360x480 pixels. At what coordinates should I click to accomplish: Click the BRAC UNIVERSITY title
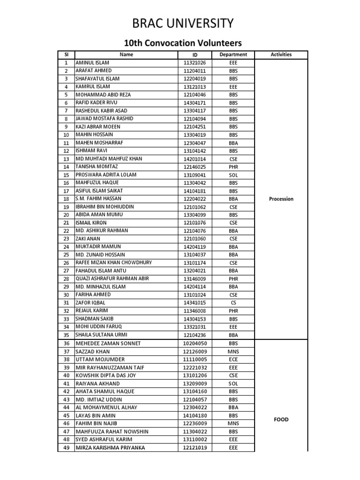coord(182,23)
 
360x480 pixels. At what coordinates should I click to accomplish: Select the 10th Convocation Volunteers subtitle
coord(182,43)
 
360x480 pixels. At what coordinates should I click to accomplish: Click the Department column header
coord(233,54)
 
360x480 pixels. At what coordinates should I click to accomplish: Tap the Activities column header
coord(281,54)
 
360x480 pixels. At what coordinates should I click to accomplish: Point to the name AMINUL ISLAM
coord(92,62)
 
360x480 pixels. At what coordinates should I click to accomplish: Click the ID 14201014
coord(195,159)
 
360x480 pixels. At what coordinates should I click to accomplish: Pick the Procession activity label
coord(281,199)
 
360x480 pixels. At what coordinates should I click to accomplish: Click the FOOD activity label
coord(281,420)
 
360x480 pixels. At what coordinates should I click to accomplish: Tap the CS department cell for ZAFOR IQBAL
coord(233,303)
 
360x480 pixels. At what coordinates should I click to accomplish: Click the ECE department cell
coord(233,360)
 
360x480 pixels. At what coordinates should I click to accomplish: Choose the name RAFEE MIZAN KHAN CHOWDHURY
coord(113,263)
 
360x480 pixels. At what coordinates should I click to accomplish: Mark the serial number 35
coord(66,335)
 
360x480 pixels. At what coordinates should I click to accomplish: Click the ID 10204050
coord(195,344)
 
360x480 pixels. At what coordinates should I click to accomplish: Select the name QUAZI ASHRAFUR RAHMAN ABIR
coord(112,279)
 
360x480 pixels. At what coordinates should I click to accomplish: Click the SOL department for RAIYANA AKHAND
coord(233,383)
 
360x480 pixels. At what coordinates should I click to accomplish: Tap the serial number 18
coord(66,199)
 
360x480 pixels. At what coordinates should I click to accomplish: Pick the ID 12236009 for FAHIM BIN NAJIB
coord(195,424)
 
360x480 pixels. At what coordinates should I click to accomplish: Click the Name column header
coord(127,54)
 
